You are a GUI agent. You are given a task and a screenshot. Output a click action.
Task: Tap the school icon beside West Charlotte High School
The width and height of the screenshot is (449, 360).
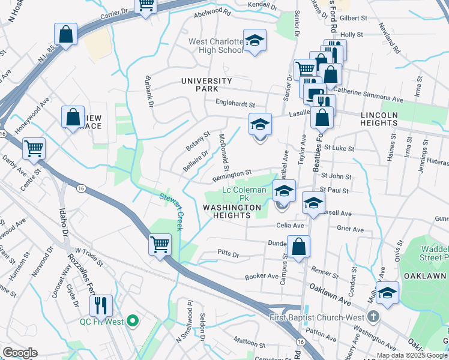[x=255, y=40]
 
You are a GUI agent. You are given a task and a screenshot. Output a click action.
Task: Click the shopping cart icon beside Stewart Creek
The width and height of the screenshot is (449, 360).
[x=160, y=243]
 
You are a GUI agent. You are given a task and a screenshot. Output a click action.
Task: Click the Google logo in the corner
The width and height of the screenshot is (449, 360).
[x=20, y=353]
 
